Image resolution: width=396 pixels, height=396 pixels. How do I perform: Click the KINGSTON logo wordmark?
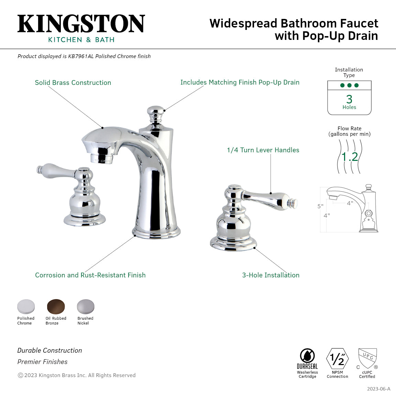81,24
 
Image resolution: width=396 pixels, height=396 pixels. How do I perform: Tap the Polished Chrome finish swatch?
26,306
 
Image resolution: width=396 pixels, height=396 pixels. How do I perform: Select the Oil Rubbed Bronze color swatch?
56,306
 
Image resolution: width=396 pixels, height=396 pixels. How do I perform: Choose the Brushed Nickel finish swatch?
85,306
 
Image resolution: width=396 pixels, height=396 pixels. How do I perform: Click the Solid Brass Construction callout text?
73,83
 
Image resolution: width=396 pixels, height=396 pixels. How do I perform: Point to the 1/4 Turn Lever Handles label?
263,150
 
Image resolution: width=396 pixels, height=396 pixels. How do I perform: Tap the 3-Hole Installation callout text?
271,275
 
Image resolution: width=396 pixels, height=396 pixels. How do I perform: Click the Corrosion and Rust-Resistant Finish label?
90,275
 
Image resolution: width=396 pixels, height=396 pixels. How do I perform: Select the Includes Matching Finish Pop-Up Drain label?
240,82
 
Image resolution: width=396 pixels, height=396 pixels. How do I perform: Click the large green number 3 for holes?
349,99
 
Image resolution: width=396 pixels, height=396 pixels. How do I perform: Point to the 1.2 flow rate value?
350,157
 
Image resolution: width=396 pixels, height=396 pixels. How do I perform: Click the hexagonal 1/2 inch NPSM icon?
337,359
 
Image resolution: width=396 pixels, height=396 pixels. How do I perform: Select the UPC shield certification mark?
367,358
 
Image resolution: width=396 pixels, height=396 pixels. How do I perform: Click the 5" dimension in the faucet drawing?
320,206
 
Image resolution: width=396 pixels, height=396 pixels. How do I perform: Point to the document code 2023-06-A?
378,389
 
